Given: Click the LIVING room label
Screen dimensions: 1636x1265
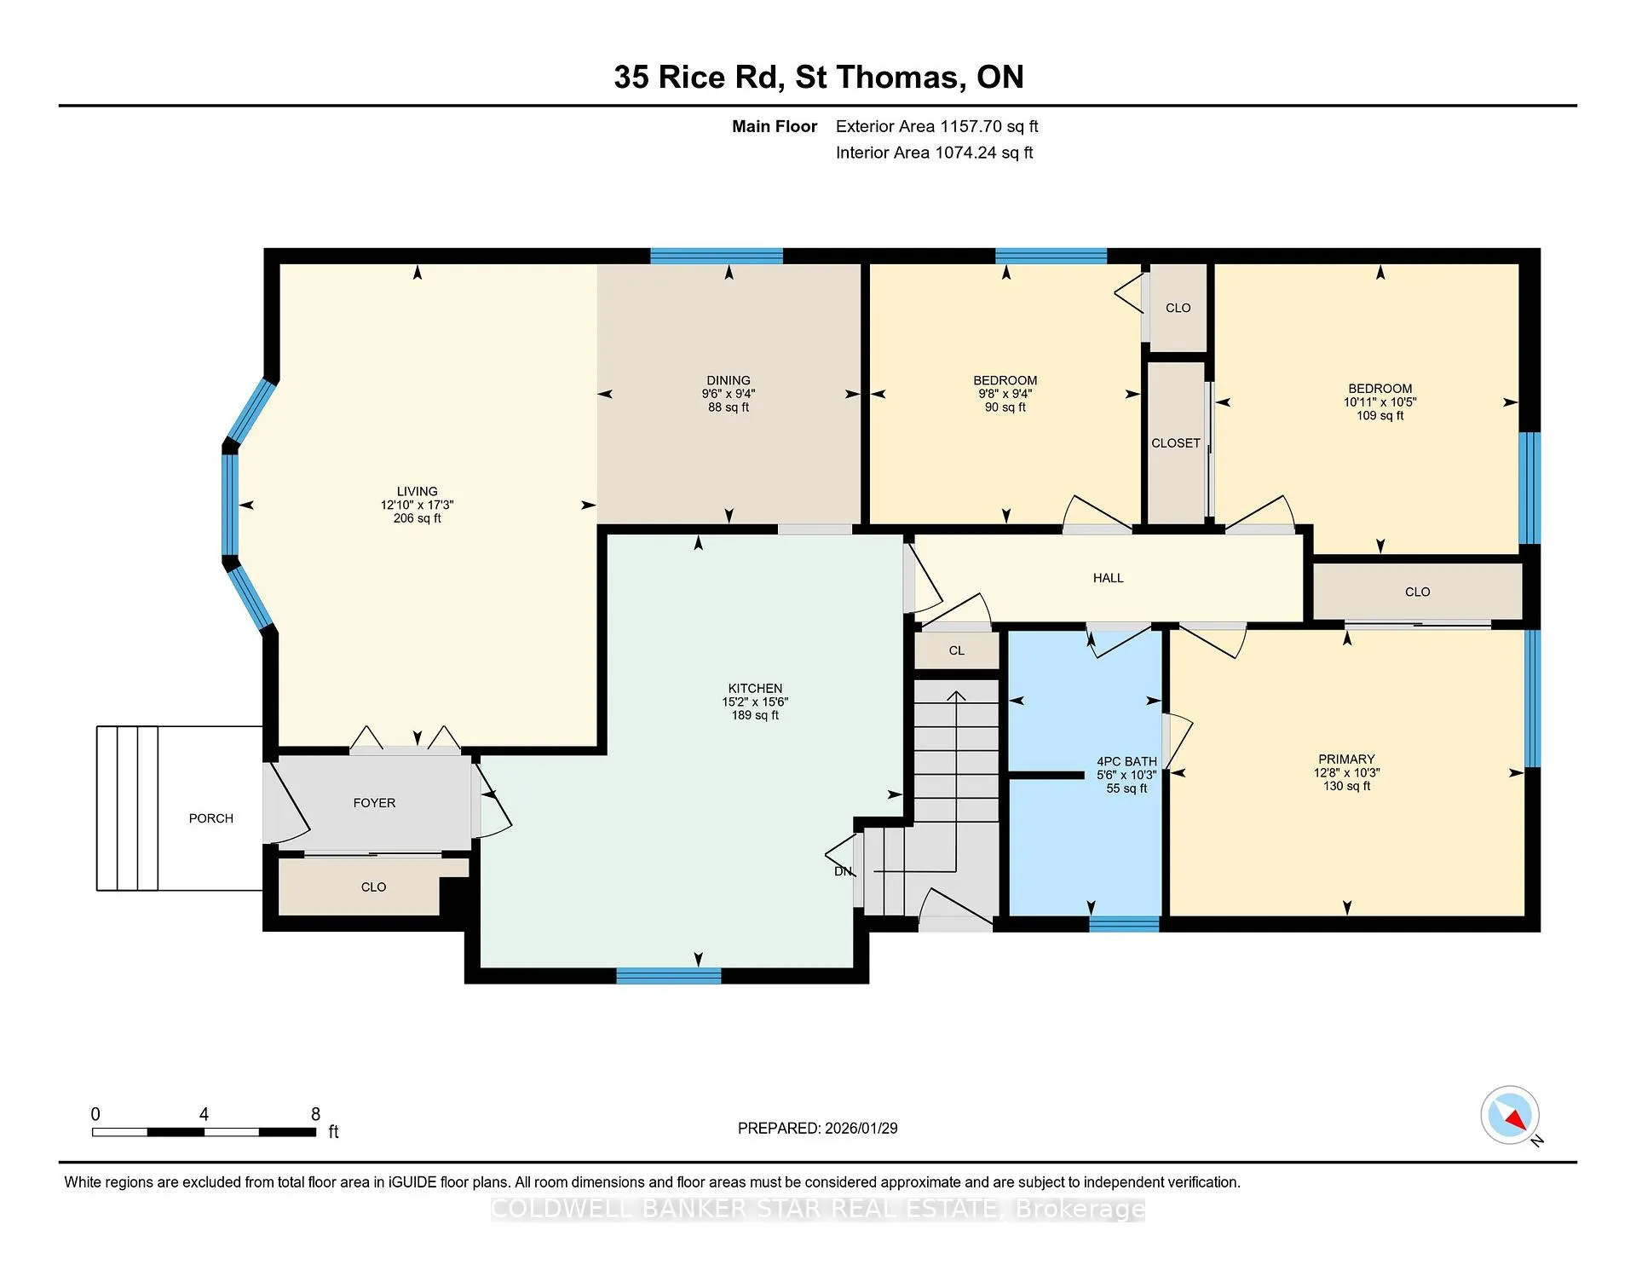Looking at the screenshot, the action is click(x=418, y=491).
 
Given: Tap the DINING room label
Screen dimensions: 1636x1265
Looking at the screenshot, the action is click(x=729, y=380).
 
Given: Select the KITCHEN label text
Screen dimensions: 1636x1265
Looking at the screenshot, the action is click(x=755, y=688).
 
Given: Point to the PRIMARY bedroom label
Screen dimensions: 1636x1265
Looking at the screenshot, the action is click(x=1346, y=759).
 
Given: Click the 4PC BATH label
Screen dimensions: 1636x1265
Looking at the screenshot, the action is click(x=1126, y=761).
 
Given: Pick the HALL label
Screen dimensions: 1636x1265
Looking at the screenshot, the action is click(x=1109, y=578).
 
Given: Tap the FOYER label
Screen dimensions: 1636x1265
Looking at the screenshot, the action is click(x=374, y=803).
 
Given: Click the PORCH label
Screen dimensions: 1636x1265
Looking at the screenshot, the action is click(x=211, y=818).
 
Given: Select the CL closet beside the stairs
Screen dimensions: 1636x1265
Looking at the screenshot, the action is click(x=957, y=650).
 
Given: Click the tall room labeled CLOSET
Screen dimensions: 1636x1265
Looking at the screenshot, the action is click(x=1176, y=443).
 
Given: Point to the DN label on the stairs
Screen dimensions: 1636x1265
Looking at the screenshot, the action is click(x=843, y=871).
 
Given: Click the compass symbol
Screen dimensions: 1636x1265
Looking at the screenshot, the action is click(x=1511, y=1115).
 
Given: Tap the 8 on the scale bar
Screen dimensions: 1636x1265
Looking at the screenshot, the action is click(x=315, y=1114).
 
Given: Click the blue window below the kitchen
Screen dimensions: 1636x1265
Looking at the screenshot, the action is click(x=669, y=976).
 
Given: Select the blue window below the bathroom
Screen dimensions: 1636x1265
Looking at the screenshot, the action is click(x=1124, y=924).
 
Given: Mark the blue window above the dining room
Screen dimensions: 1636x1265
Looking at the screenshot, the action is click(x=717, y=256).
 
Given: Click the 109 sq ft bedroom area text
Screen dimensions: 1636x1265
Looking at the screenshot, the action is click(x=1380, y=416).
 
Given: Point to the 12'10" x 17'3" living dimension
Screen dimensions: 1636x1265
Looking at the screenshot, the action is click(x=418, y=505).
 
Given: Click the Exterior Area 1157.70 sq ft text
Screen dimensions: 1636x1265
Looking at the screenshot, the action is click(x=937, y=126).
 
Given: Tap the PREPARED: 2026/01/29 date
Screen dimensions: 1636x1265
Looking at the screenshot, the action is click(x=818, y=1129).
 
